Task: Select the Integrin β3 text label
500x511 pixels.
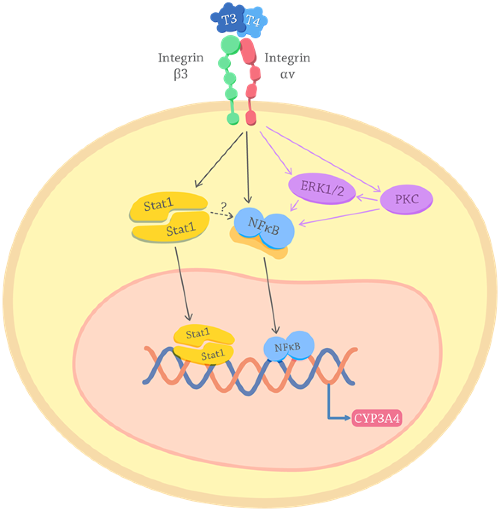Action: click(181, 66)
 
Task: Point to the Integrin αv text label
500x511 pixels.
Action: click(287, 66)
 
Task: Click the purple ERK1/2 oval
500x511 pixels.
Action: click(322, 188)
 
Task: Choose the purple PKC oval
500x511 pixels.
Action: click(406, 199)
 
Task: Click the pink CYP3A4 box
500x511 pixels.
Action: click(376, 418)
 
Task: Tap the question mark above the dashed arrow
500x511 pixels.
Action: click(223, 207)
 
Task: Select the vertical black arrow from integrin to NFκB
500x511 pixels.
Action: click(247, 168)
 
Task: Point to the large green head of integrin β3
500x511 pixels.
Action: click(230, 45)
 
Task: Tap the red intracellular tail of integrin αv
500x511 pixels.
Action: click(251, 118)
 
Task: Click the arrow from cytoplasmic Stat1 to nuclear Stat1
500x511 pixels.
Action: click(182, 283)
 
